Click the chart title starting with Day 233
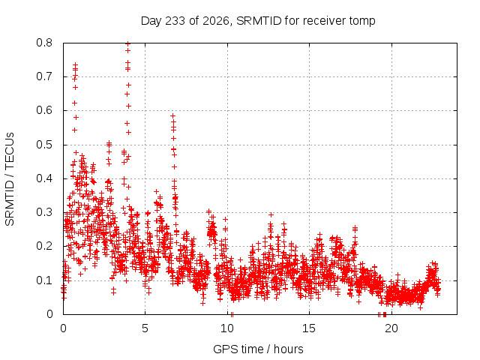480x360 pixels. pos(258,21)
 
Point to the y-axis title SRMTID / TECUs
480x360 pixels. pos(10,179)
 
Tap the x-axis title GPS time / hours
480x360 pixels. pos(258,349)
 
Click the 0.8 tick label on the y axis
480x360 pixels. pos(44,43)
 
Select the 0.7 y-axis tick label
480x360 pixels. pos(44,76)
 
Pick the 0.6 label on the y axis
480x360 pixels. pos(44,110)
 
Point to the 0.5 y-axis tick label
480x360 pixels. pos(44,145)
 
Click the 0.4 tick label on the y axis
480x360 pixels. pos(44,178)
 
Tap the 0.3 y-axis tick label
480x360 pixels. pos(44,212)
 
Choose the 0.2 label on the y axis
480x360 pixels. pos(44,246)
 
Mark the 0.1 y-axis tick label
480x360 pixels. pos(44,280)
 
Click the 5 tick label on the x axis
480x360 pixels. pos(145,328)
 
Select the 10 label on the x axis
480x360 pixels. pos(227,328)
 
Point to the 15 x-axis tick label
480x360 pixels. pos(309,328)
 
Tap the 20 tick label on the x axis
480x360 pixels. pos(391,328)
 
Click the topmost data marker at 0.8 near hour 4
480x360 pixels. pos(128,43)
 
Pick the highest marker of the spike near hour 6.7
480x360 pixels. pos(173,115)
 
